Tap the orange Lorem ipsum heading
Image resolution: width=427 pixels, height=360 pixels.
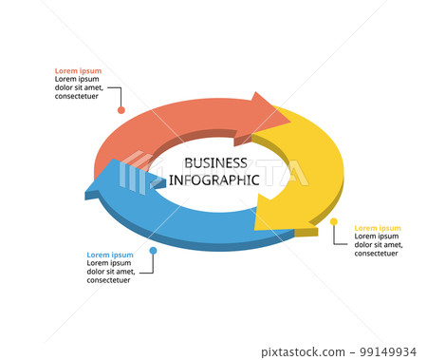(78, 71)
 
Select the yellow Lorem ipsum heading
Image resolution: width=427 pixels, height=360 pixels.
(378, 228)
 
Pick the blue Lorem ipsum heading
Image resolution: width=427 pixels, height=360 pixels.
(110, 255)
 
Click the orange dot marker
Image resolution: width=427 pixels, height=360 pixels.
(121, 110)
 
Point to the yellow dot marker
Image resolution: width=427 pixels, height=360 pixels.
(334, 222)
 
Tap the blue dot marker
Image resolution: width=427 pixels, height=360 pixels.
(153, 251)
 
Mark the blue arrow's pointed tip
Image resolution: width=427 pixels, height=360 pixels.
(88, 193)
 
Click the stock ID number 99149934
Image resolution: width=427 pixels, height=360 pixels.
(391, 351)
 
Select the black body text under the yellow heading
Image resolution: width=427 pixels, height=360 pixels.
(378, 245)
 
